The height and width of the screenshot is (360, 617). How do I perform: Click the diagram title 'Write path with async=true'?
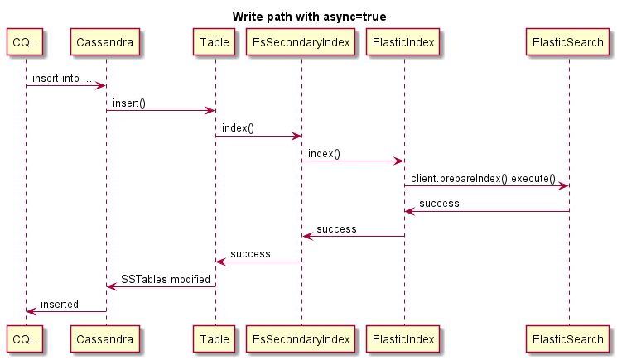pos(308,17)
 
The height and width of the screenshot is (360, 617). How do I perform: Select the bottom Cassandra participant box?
pos(105,338)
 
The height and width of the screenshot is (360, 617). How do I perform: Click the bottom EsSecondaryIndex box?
pos(301,338)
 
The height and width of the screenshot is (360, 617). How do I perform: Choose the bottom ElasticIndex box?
pos(404,338)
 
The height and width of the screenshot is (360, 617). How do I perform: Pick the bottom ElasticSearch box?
pos(568,338)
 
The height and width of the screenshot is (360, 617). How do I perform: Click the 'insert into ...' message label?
pos(62,79)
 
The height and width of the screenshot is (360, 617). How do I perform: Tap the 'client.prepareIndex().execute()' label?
pos(483,179)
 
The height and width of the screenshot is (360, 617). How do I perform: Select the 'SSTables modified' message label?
pos(166,279)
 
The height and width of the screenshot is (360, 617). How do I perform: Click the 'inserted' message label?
pos(60,305)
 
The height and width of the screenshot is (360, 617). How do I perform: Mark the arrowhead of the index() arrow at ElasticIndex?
pos(399,161)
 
